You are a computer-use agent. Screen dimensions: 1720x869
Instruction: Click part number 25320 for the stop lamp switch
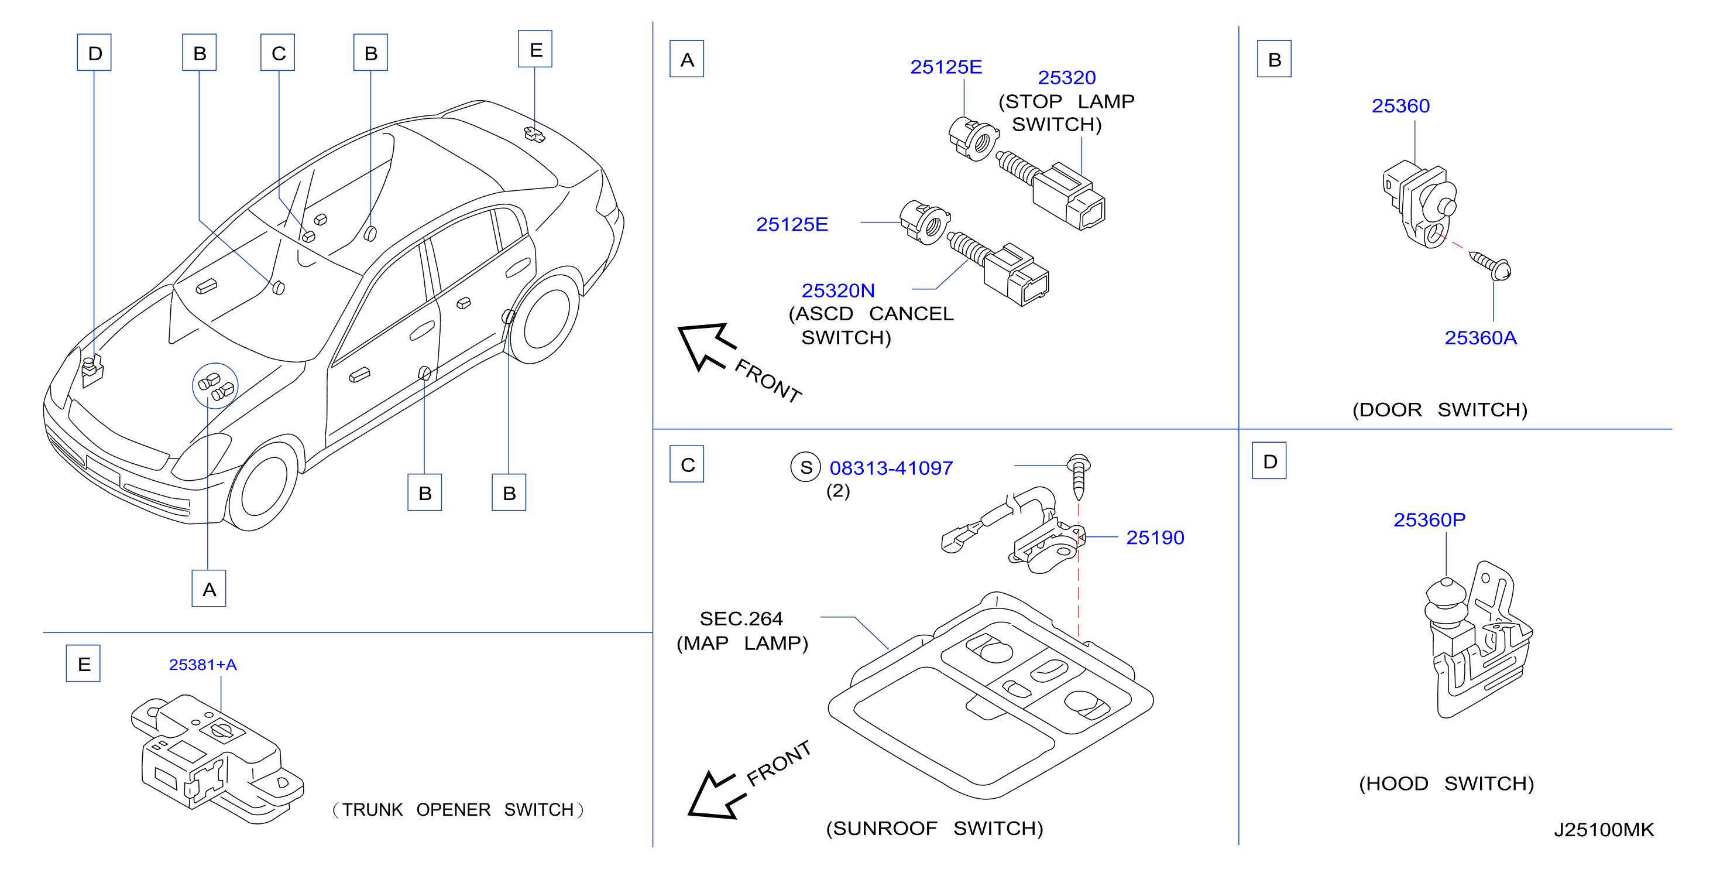pyautogui.click(x=1066, y=77)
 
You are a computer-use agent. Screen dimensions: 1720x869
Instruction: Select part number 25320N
pyautogui.click(x=838, y=290)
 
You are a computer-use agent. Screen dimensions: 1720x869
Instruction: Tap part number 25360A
pyautogui.click(x=1480, y=338)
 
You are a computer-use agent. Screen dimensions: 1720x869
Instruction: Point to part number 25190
pyautogui.click(x=1155, y=538)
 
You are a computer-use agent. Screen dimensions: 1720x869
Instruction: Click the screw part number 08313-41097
pyautogui.click(x=891, y=468)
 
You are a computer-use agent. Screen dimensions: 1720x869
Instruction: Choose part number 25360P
pyautogui.click(x=1430, y=519)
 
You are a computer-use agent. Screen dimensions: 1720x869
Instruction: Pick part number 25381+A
pyautogui.click(x=202, y=665)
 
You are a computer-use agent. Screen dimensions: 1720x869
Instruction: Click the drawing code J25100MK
pyautogui.click(x=1604, y=830)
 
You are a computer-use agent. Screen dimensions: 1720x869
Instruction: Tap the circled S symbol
pyautogui.click(x=806, y=467)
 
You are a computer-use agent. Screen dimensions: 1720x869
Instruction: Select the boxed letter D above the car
pyautogui.click(x=94, y=53)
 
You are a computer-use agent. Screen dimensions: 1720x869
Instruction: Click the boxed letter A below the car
pyautogui.click(x=209, y=589)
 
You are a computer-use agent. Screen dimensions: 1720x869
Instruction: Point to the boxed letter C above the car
pyautogui.click(x=278, y=53)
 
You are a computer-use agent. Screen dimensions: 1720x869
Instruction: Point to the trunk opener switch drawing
pyautogui.click(x=217, y=759)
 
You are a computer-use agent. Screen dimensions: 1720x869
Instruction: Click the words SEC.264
pyautogui.click(x=740, y=618)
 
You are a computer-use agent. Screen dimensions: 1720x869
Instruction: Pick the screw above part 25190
pyautogui.click(x=1079, y=477)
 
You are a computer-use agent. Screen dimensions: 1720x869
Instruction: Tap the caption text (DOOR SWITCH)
pyautogui.click(x=1440, y=409)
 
